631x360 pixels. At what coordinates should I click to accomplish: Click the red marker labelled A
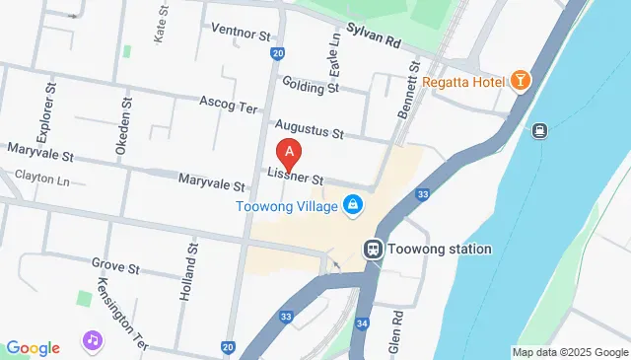coord(289,154)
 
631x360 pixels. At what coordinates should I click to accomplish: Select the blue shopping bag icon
coord(352,205)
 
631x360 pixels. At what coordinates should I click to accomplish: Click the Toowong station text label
coord(440,249)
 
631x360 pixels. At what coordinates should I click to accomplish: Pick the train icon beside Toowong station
coord(374,249)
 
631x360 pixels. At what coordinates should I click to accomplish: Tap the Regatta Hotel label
coord(461,81)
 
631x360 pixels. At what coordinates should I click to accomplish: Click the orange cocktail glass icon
coord(519,81)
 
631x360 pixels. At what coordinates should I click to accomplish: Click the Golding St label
coord(311,86)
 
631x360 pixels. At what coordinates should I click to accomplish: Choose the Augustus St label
coord(309,129)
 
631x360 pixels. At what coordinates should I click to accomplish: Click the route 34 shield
coord(362,323)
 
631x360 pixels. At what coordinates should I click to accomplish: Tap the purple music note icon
coord(92,341)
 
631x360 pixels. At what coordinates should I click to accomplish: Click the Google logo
coord(33,347)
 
